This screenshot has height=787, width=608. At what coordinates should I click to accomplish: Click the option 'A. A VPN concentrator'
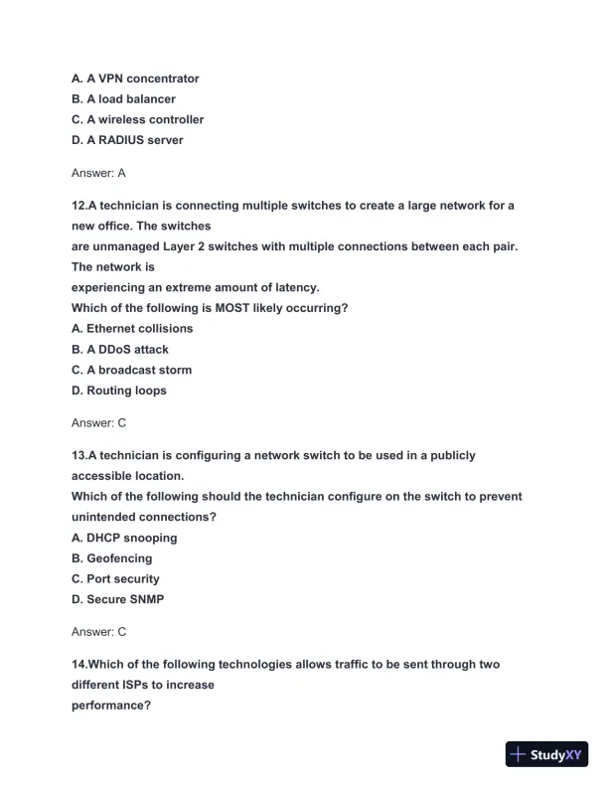pyautogui.click(x=135, y=79)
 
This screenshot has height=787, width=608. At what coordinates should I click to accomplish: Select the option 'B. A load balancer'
pyautogui.click(x=123, y=99)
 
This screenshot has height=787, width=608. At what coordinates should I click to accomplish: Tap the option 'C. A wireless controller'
pyautogui.click(x=137, y=119)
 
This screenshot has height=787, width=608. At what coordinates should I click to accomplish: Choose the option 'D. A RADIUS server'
pyautogui.click(x=127, y=140)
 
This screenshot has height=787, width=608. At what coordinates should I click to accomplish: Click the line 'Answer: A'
pyautogui.click(x=98, y=173)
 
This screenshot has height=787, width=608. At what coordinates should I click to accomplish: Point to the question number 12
pyautogui.click(x=78, y=205)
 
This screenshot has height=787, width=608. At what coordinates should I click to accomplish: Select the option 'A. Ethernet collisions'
pyautogui.click(x=132, y=328)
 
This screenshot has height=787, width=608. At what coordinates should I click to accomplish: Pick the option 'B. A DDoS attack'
pyautogui.click(x=120, y=350)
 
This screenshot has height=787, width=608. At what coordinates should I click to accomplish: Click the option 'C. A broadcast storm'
pyautogui.click(x=132, y=370)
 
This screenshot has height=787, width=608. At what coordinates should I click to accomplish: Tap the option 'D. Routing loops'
pyautogui.click(x=119, y=391)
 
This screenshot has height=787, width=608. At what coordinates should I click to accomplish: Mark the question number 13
pyautogui.click(x=78, y=455)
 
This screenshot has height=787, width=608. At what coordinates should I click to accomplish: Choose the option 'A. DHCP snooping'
pyautogui.click(x=124, y=538)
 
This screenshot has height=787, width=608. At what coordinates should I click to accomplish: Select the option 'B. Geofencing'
pyautogui.click(x=112, y=558)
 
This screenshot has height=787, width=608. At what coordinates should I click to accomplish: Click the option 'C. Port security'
pyautogui.click(x=115, y=578)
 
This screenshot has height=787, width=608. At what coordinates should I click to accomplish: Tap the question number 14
pyautogui.click(x=78, y=664)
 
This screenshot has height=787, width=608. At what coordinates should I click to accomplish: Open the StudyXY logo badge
pyautogui.click(x=548, y=754)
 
